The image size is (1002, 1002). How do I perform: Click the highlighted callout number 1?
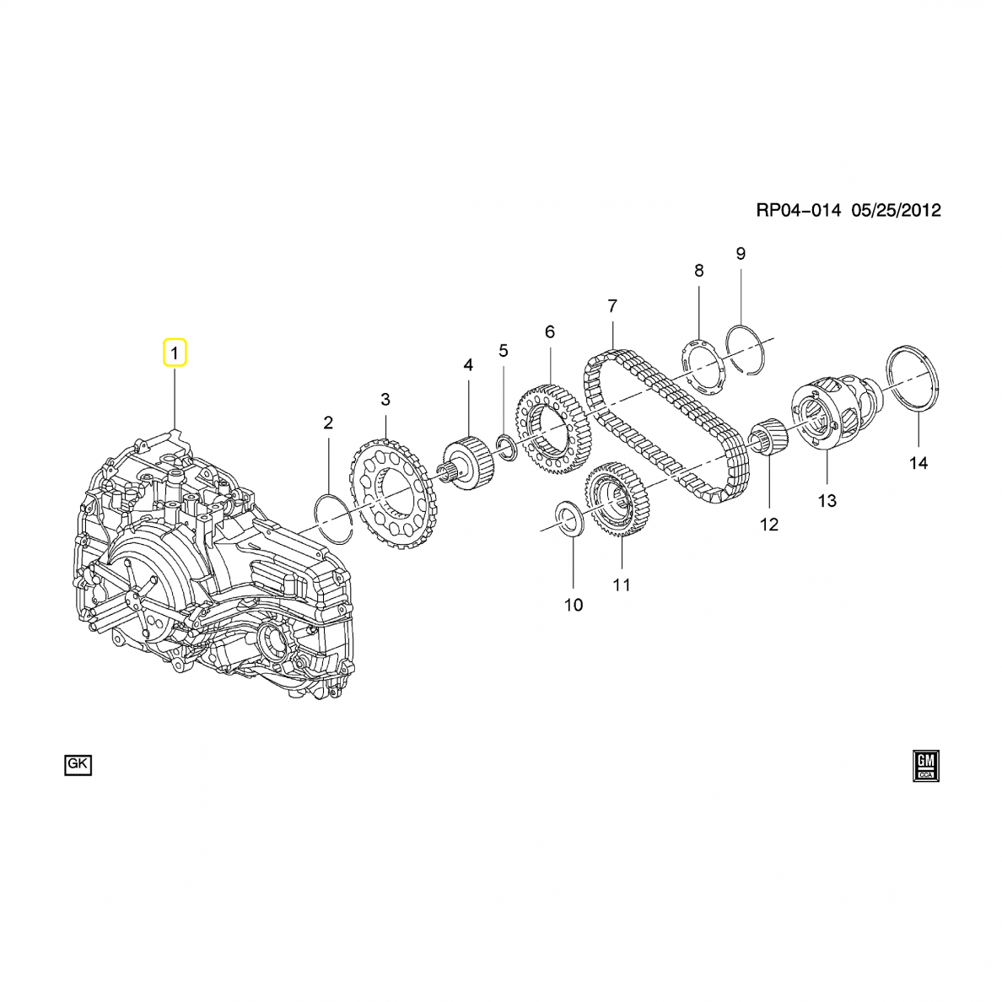[175, 352]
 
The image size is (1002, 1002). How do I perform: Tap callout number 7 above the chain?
[612, 306]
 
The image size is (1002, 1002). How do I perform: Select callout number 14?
[918, 463]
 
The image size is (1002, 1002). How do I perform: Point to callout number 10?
[574, 605]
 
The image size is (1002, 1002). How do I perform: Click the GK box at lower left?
[78, 764]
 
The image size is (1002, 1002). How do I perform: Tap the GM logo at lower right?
[926, 766]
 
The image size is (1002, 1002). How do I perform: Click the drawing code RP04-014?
[798, 210]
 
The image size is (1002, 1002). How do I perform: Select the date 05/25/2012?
[896, 210]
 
